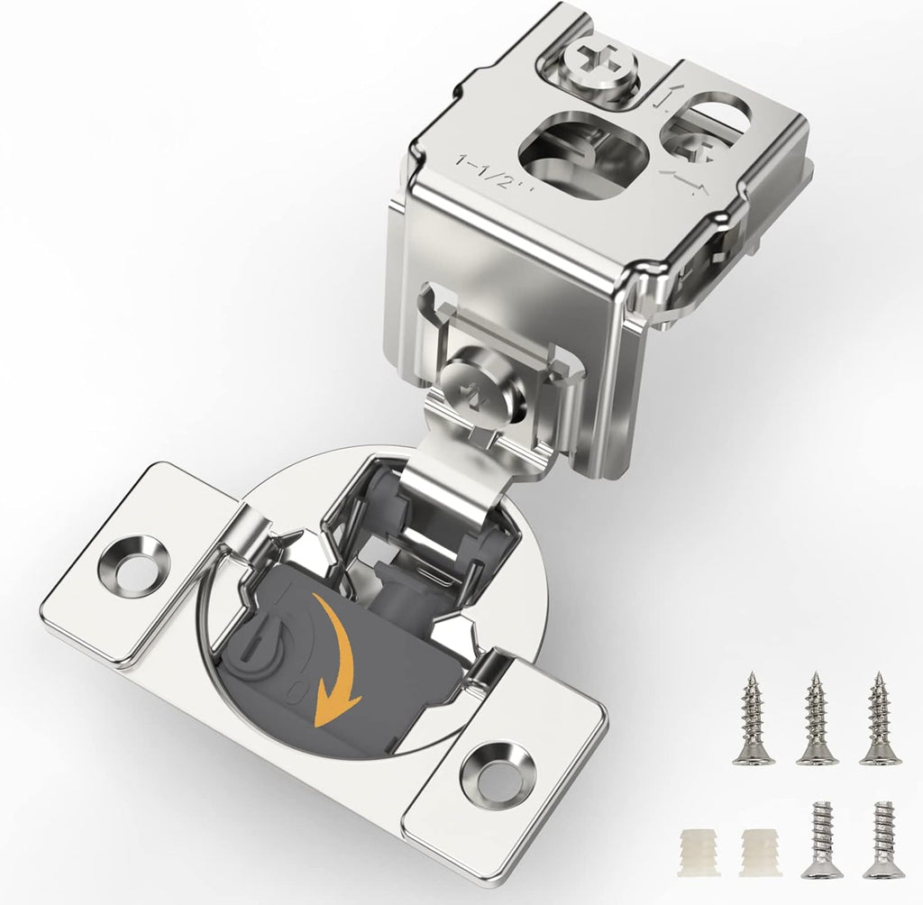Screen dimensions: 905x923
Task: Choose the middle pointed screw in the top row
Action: [x=817, y=719]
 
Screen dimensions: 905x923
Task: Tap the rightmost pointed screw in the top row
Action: [x=880, y=719]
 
